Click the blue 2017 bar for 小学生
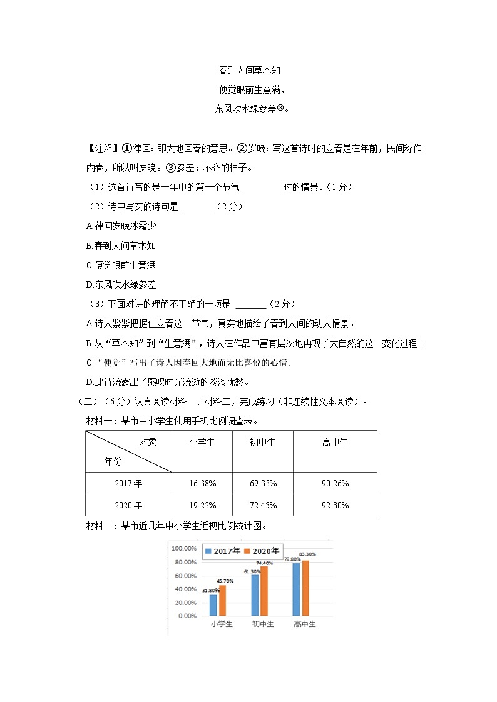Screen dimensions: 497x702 tap(213, 605)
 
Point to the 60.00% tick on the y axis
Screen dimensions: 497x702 tap(184, 575)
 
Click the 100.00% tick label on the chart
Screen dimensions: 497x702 tap(184, 548)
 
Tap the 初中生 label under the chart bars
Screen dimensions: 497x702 tap(263, 624)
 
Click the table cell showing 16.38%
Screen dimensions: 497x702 tap(202, 483)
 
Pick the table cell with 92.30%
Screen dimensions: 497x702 tap(335, 505)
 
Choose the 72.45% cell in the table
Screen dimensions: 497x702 tap(263, 505)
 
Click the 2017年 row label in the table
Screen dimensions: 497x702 tap(128, 483)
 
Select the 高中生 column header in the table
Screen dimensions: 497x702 tap(335, 442)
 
